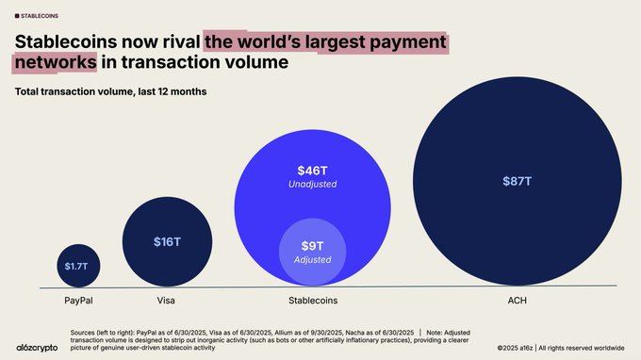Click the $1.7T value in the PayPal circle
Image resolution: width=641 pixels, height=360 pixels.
click(75, 266)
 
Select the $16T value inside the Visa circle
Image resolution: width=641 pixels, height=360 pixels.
click(167, 242)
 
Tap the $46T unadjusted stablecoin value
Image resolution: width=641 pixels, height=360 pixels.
click(311, 170)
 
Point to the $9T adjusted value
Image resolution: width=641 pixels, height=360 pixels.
click(311, 247)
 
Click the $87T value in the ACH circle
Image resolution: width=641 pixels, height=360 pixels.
click(517, 180)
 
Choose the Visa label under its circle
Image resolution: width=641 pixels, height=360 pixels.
click(167, 301)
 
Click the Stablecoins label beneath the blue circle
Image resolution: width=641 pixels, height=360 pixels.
click(312, 301)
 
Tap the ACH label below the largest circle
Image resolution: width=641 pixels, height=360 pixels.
click(518, 301)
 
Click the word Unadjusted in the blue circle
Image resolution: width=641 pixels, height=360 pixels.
click(311, 185)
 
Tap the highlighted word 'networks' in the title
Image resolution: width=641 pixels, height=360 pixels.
click(54, 63)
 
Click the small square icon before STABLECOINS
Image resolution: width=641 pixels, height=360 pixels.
click(16, 15)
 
